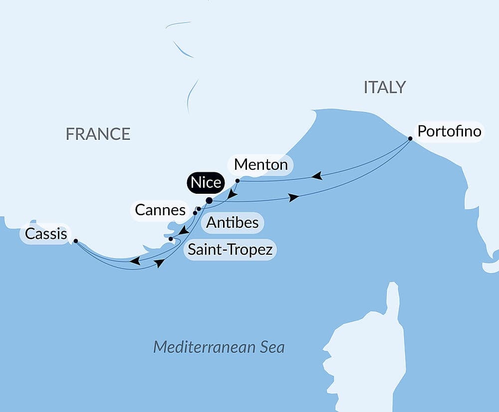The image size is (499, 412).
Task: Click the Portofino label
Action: pos(450,131)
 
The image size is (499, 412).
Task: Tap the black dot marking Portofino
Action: pos(410,138)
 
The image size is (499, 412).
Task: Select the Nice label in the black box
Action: pos(206,183)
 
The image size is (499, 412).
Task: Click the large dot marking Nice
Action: pos(209,201)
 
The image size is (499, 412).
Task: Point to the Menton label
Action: pos(260,164)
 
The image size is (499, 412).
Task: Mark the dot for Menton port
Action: pos(238,180)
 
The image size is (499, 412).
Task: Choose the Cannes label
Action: pos(160,210)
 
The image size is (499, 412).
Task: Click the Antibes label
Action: pos(233,222)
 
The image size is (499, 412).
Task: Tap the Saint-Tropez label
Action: pos(230,249)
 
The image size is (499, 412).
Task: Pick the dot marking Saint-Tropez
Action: pos(171,239)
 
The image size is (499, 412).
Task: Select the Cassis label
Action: pos(46,234)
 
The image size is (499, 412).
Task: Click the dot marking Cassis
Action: pos(75,241)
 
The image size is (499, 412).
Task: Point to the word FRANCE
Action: pos(98,134)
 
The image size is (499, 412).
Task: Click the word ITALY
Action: pos(384,87)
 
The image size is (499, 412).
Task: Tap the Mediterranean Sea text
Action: pos(219,347)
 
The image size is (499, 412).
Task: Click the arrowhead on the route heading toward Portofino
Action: pos(294,198)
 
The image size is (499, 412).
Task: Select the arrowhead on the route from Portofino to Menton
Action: pos(316,176)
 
